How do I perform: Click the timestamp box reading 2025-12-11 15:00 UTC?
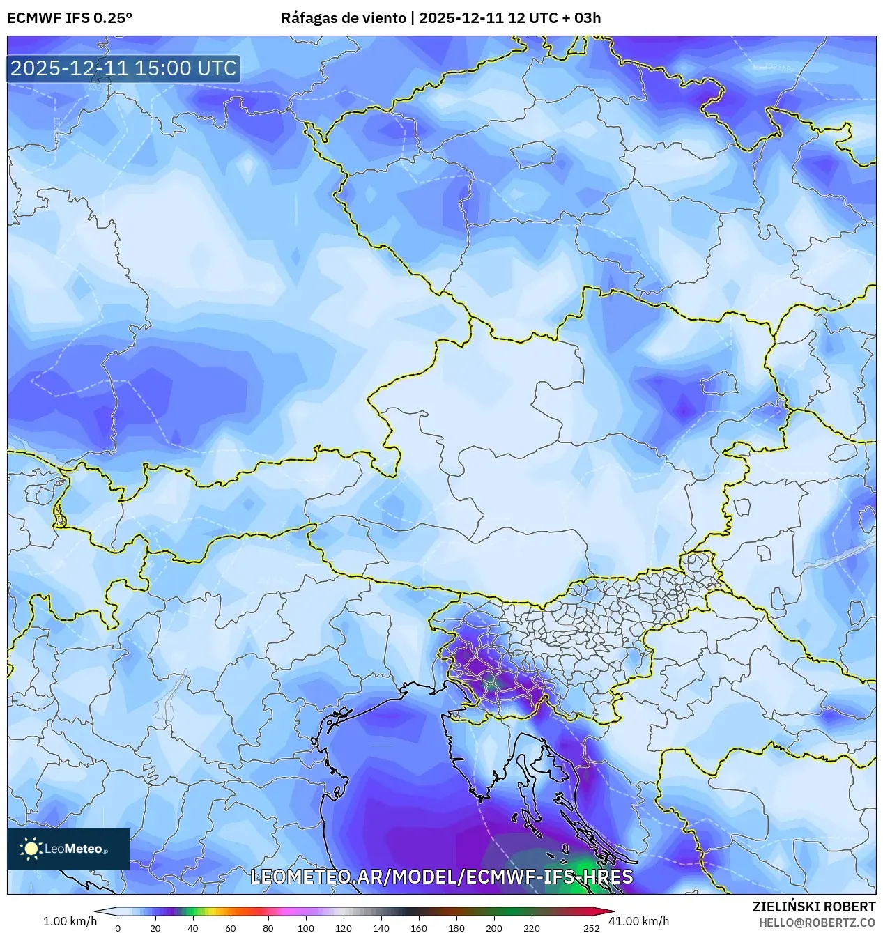coord(123,68)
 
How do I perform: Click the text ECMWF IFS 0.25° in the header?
coord(70,18)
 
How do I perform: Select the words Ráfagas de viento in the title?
coord(343,18)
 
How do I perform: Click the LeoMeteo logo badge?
coord(68,849)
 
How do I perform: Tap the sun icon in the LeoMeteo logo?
coord(31,848)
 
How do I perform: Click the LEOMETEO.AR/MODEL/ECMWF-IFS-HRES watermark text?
coord(441,877)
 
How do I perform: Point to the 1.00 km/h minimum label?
coord(70,921)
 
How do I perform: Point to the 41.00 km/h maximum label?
coord(638,921)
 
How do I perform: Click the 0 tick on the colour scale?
coord(117,927)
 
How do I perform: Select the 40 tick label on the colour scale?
coord(193,927)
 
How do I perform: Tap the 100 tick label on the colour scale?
coord(306,927)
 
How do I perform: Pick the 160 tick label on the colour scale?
coord(419,927)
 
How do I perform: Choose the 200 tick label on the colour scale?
coord(494,927)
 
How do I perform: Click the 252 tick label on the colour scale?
coord(592,927)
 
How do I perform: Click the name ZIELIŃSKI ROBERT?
coord(813,907)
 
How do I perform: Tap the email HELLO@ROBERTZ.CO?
coord(817,923)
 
